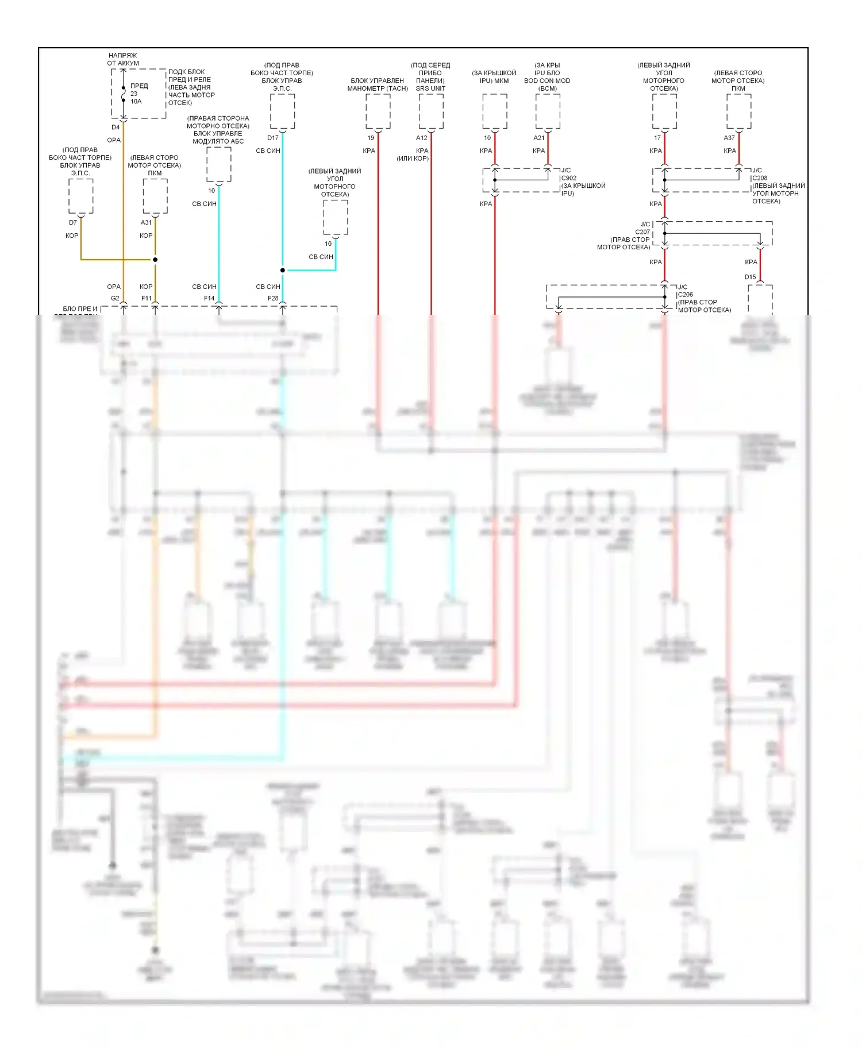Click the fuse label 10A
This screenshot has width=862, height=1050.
(136, 102)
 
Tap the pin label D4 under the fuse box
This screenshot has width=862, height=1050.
(116, 128)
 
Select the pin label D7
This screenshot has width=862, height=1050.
(73, 222)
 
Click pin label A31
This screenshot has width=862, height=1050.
(147, 222)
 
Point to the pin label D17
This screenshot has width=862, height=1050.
(273, 138)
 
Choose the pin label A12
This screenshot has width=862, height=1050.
(422, 138)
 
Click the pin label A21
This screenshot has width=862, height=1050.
(539, 138)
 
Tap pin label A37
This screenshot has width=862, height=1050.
(729, 138)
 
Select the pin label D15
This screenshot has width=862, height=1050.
(751, 277)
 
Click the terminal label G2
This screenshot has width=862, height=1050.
(115, 298)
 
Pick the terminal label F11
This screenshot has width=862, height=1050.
(147, 298)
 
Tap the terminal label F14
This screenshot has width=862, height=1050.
(209, 298)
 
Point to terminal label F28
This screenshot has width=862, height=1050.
(273, 298)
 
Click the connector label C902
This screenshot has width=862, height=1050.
(569, 178)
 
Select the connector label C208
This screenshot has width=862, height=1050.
(760, 178)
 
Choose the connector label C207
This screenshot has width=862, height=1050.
(642, 232)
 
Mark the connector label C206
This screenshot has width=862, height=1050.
(686, 295)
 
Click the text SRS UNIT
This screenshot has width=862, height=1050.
(430, 88)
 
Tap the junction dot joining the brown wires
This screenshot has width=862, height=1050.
(155, 260)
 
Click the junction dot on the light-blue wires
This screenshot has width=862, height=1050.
(283, 270)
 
